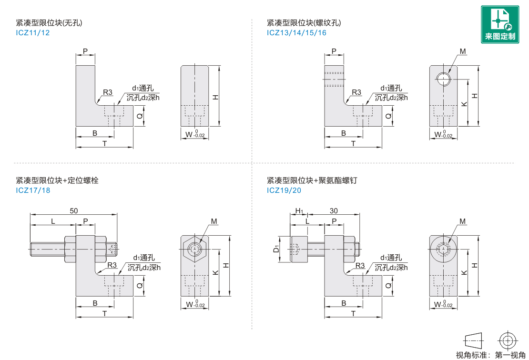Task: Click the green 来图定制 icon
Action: pyautogui.click(x=500, y=24)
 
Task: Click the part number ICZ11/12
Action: pyautogui.click(x=33, y=33)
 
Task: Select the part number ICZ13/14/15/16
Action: pyautogui.click(x=296, y=33)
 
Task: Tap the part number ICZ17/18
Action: pyautogui.click(x=33, y=190)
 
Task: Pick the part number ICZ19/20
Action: pyautogui.click(x=284, y=190)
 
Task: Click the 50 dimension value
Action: pyautogui.click(x=74, y=210)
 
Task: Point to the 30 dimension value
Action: pyautogui.click(x=334, y=210)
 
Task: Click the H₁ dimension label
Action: pyautogui.click(x=299, y=211)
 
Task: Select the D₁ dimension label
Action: pyautogui.click(x=276, y=249)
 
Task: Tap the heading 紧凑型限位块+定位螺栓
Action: pyautogui.click(x=57, y=180)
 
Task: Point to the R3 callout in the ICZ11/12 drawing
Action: pyautogui.click(x=108, y=92)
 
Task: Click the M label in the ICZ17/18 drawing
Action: pyautogui.click(x=214, y=221)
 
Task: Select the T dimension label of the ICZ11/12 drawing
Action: pyautogui.click(x=104, y=143)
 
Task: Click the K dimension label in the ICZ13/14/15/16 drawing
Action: pyautogui.click(x=464, y=103)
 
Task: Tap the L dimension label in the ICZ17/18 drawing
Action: pyautogui.click(x=53, y=221)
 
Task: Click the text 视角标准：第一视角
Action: pyautogui.click(x=490, y=355)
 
